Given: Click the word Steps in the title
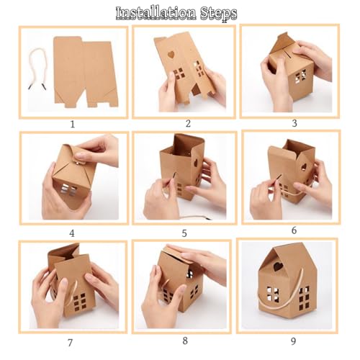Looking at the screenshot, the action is click(218, 14).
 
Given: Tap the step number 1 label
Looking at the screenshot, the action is click(73, 125).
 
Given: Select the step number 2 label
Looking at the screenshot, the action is click(188, 124).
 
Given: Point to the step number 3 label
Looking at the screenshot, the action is click(294, 123).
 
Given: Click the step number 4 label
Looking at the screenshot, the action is click(72, 233).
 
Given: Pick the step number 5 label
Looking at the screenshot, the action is click(184, 233).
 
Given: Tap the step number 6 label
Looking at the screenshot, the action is click(294, 230).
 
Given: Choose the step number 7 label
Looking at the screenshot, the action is click(70, 343).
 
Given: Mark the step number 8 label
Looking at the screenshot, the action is click(185, 341).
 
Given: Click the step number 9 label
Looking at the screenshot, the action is click(293, 341).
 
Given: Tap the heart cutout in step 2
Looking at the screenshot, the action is click(171, 54).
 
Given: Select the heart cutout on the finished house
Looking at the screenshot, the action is click(278, 266).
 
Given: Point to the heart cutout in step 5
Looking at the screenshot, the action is click(197, 163).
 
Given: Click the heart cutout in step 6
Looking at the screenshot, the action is click(304, 166).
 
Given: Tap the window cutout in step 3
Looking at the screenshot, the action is click(300, 76).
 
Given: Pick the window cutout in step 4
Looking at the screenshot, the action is click(68, 189).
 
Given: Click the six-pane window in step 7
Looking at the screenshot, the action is click(79, 302).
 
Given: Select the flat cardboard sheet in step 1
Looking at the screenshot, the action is click(86, 73).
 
